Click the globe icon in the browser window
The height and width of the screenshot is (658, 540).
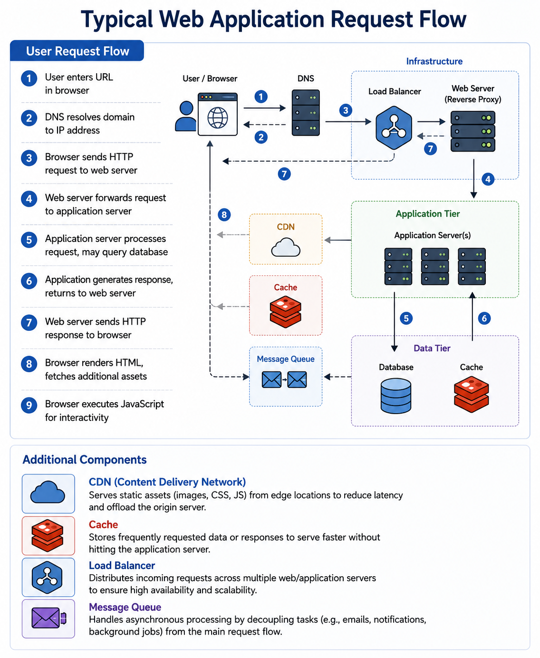point(217,117)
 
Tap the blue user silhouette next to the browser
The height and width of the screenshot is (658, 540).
point(186,116)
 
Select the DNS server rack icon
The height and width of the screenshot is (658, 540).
point(305,113)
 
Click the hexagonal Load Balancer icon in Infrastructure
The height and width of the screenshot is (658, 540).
point(394,127)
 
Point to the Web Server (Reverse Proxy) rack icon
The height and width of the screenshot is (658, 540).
point(472,131)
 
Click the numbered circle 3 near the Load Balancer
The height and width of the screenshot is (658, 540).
point(345,110)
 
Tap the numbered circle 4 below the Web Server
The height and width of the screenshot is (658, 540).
point(488,179)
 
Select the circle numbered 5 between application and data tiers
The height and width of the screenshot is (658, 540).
point(406,318)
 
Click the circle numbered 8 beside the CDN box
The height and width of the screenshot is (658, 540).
point(224,214)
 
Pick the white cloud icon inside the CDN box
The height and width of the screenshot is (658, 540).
point(285,247)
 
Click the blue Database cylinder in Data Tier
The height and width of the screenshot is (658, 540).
point(395,396)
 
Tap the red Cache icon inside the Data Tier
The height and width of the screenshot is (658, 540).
point(471,394)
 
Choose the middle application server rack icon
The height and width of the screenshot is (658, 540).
point(434,266)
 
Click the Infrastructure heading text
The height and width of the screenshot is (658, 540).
point(434,61)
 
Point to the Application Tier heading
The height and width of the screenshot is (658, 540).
point(427,214)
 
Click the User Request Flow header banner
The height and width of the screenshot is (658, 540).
point(77,50)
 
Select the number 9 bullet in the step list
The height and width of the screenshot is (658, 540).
point(29,405)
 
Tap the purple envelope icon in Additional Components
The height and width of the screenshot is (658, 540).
point(49,618)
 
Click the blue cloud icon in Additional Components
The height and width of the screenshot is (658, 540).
point(48,492)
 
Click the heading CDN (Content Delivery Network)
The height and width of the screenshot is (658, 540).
point(167,482)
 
